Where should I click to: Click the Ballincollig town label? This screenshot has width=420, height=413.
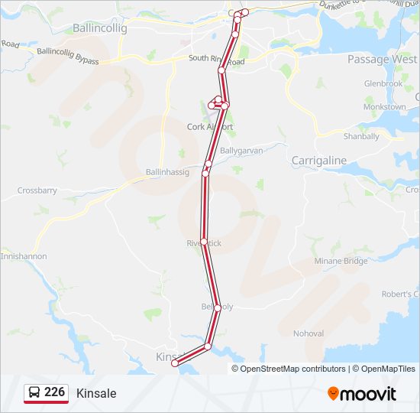99,28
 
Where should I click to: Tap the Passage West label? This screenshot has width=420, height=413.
382,59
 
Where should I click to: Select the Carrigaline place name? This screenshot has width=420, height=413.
318,161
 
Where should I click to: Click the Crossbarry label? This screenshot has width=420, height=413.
37,190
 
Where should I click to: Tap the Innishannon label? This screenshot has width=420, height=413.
23,256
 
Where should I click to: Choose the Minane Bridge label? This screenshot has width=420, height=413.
341,261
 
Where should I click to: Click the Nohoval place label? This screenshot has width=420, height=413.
309,333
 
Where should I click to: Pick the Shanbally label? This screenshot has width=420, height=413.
361,136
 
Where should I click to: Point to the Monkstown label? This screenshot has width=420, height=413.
384,107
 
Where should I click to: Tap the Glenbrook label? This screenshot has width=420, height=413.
383,83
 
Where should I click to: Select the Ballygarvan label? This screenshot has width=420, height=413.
241,151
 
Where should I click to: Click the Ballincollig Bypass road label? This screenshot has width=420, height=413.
68,55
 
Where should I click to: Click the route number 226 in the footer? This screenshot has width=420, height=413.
54,392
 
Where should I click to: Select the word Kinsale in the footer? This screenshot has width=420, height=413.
96,393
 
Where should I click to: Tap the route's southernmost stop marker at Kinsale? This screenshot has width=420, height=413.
175,364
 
